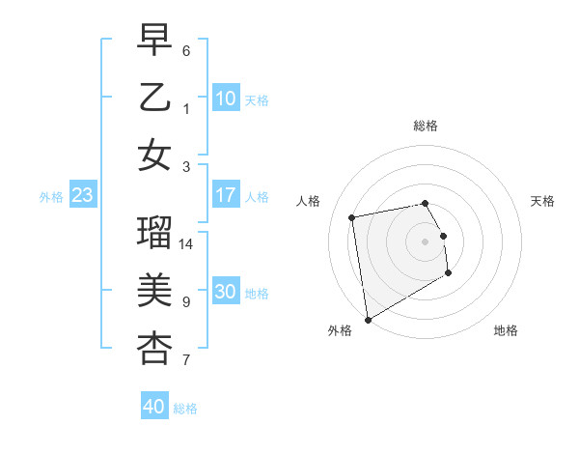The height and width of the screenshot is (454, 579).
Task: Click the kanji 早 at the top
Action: pyautogui.click(x=154, y=40)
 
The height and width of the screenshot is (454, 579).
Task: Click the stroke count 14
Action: pyautogui.click(x=187, y=244)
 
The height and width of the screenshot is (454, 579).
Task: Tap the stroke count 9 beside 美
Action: pyautogui.click(x=186, y=302)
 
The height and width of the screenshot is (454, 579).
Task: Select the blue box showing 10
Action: pyautogui.click(x=225, y=99)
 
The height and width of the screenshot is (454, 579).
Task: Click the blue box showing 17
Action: pyautogui.click(x=225, y=195)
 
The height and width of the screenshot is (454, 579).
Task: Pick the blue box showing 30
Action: pyautogui.click(x=225, y=292)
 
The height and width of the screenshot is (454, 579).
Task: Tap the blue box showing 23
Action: pyautogui.click(x=83, y=195)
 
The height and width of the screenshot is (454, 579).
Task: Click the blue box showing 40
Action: pyautogui.click(x=153, y=407)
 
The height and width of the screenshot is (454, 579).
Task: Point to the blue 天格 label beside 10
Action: pyautogui.click(x=257, y=100)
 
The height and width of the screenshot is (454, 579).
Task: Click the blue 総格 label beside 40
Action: pyautogui.click(x=185, y=409)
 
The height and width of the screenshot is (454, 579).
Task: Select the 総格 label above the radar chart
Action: pyautogui.click(x=426, y=126)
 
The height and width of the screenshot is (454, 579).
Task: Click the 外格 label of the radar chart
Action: pyautogui.click(x=340, y=331)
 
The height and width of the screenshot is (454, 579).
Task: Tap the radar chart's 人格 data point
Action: pyautogui.click(x=352, y=216)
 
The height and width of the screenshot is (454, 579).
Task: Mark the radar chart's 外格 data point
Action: pyautogui.click(x=368, y=319)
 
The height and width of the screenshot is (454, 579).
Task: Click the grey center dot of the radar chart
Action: pyautogui.click(x=426, y=241)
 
